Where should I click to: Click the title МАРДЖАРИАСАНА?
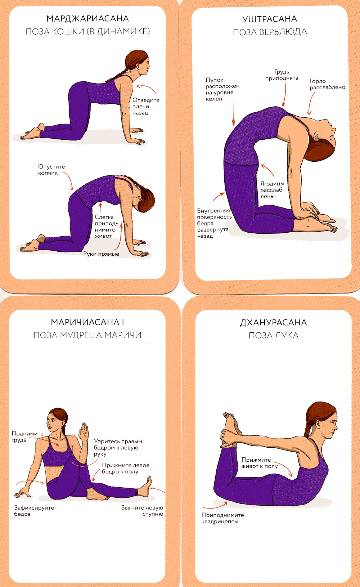coord(87,19)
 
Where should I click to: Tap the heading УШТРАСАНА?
coord(270,19)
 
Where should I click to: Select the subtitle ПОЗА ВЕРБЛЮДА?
coord(270,32)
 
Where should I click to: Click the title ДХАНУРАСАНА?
coord(273,322)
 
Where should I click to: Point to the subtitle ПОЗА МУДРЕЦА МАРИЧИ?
coord(87,335)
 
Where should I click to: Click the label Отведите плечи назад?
coord(146,106)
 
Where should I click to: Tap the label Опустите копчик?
coord(51,170)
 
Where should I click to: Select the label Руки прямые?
coord(101,254)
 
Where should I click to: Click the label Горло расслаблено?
coord(327,84)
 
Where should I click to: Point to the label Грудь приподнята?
coord(282,75)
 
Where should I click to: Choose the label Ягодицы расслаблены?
coord(272,190)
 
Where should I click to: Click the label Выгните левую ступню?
coord(142,511)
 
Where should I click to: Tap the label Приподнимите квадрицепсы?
coord(222,518)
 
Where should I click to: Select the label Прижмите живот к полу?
coord(260,463)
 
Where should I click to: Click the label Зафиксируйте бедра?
coord(34,511)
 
